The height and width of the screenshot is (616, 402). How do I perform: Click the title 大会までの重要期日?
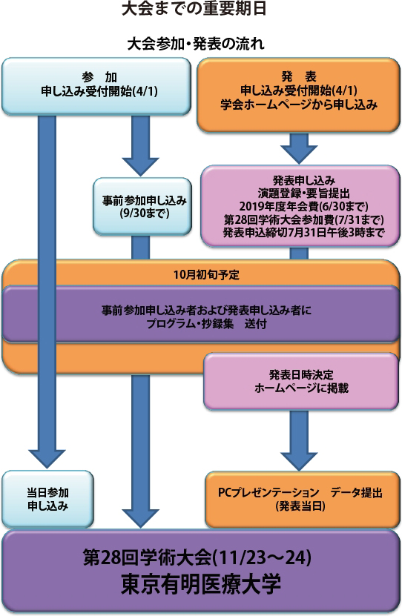coord(194,9)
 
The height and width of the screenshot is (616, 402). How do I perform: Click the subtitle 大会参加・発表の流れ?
coord(195,44)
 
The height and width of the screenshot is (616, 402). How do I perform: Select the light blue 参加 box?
coord(96,87)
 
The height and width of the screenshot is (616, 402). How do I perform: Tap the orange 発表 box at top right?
coord(299,95)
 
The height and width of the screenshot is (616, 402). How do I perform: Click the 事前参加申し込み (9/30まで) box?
coord(142,206)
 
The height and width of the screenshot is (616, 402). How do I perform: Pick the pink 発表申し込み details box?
coord(300,206)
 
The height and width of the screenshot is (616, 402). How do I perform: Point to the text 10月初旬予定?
coord(206,274)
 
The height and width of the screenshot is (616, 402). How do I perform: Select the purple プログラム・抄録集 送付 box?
coord(201,314)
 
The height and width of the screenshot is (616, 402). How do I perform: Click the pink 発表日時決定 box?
coord(301,381)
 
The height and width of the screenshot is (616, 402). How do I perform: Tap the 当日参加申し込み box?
coord(47,499)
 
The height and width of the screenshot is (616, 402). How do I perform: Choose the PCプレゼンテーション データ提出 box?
coord(302,500)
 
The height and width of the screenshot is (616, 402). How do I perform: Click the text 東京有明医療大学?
coord(201,584)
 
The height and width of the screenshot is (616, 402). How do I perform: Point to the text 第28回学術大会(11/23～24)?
coord(197,557)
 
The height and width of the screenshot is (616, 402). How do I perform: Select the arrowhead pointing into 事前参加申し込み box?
coord(140,167)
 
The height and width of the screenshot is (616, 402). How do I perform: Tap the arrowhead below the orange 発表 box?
coord(299,154)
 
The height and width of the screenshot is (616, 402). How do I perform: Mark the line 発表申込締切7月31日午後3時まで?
coord(304,232)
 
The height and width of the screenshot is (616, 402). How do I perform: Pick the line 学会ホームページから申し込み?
coord(299,105)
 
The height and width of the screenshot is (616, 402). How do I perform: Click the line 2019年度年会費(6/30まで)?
coord(304,206)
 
